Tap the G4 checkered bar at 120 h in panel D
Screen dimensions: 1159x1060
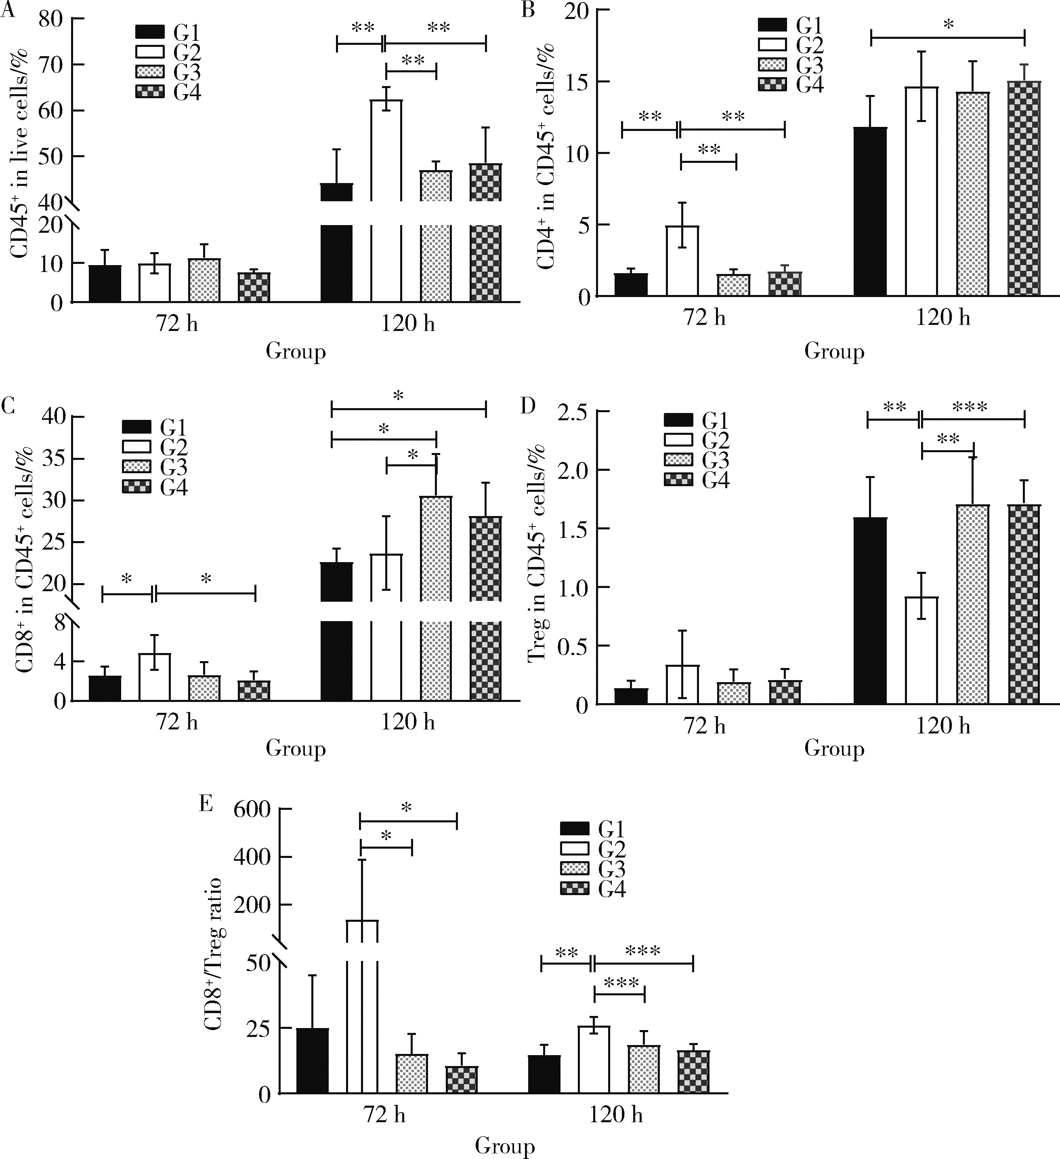(1024, 604)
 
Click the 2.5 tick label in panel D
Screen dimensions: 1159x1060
(574, 412)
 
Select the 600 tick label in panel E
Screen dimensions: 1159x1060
(252, 809)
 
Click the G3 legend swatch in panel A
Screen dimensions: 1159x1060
(151, 72)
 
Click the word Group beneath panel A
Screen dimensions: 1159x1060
(295, 351)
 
